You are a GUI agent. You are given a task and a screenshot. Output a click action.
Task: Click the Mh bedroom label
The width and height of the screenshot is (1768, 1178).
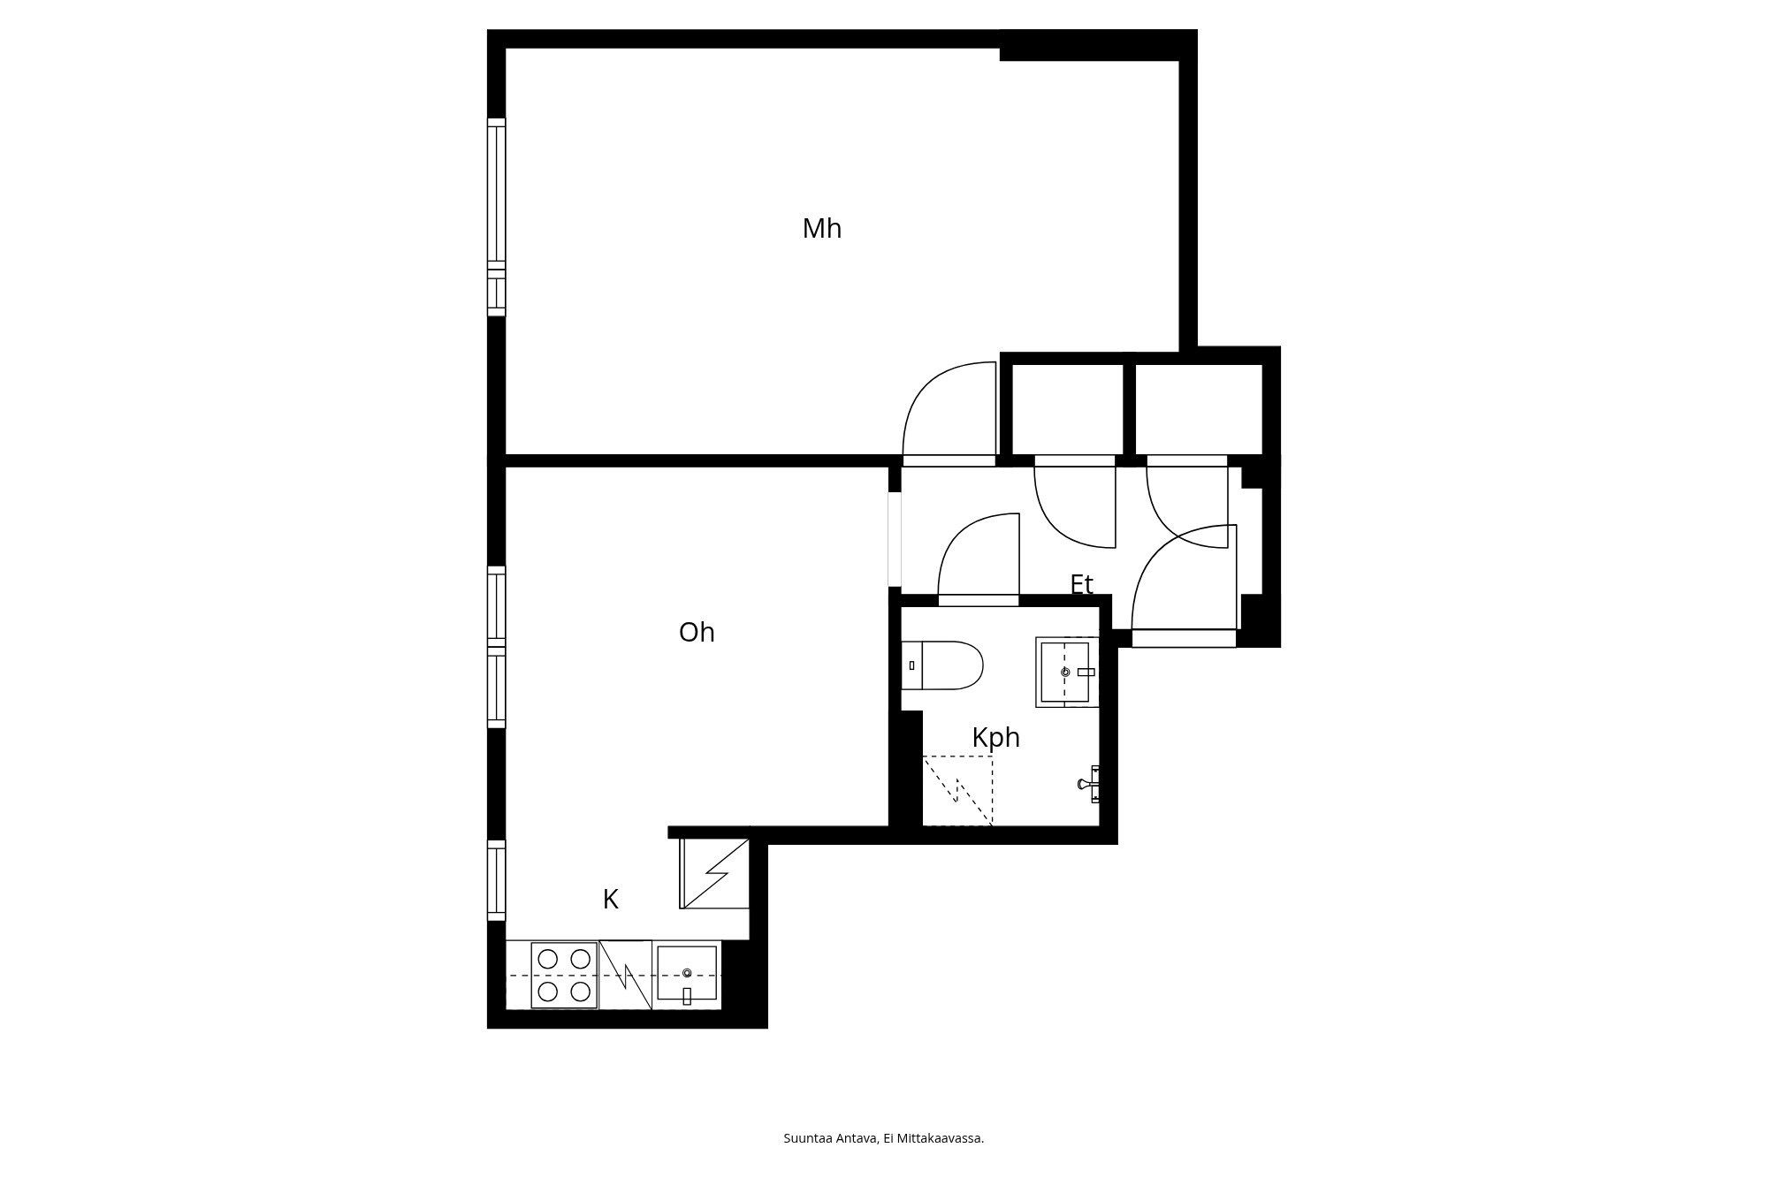(821, 229)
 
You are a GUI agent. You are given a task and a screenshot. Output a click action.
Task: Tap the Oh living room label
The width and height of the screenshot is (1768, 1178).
(697, 633)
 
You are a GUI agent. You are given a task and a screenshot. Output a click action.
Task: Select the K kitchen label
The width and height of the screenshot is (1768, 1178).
(610, 900)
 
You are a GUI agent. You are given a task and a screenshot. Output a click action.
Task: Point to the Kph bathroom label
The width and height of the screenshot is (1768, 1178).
(995, 737)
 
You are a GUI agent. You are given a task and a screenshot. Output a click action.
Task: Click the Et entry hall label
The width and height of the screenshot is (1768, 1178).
(1081, 584)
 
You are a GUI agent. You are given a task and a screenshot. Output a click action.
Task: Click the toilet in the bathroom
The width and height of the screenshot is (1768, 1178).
(942, 665)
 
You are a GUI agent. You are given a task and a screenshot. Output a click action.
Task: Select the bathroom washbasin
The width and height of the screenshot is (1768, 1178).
(1067, 672)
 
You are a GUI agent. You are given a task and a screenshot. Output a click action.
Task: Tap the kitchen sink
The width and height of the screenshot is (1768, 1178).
(687, 974)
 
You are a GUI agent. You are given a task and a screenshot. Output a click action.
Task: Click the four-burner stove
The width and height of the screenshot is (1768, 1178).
(564, 975)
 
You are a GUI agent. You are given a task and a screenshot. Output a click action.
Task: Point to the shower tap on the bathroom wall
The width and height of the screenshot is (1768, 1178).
(1090, 784)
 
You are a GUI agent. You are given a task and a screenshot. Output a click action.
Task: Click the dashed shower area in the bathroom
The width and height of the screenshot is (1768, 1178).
(957, 790)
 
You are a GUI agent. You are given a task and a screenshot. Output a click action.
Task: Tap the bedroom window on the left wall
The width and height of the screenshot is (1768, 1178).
(497, 217)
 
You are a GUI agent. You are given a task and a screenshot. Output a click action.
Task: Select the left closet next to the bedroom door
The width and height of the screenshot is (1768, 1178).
(1067, 409)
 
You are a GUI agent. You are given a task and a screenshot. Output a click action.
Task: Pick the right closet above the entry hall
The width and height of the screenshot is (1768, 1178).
(1199, 409)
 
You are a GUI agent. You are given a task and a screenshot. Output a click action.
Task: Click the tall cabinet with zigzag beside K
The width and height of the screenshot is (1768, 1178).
(714, 873)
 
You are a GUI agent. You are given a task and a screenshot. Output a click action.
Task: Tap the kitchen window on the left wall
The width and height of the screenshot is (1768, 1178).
(497, 880)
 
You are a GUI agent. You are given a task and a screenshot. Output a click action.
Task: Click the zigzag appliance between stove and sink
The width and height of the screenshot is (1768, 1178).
(625, 975)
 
